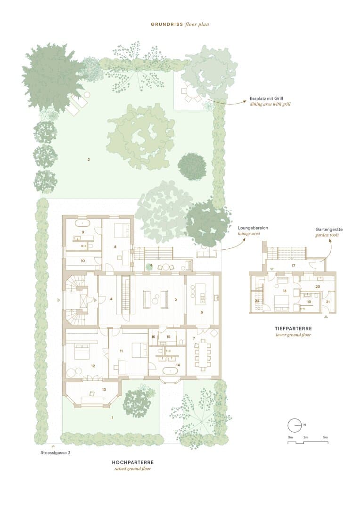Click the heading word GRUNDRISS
167,25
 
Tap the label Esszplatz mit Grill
266,99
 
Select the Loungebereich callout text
253,228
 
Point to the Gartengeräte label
329,230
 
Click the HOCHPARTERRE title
133,462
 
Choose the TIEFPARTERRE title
293,329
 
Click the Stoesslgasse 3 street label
55,453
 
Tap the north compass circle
295,425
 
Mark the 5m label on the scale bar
325,437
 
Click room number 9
83,232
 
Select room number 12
93,366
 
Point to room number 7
194,338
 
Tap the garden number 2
89,160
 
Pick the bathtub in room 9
82,223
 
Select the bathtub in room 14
170,370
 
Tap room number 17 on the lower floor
294,266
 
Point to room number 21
327,302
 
